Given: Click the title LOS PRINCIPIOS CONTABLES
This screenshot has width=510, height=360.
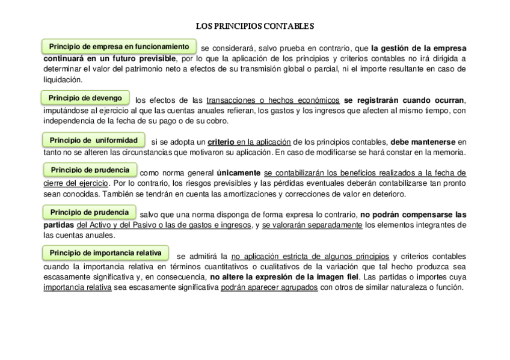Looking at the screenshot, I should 255,26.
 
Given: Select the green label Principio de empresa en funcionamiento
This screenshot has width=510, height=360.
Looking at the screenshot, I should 119,46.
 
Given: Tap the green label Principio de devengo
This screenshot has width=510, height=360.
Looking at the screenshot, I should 85,98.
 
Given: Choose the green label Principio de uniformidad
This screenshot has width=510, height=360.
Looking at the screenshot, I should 94,140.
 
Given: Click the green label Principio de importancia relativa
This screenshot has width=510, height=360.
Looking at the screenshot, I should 105,253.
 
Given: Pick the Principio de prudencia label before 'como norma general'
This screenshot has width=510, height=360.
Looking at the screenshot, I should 90,170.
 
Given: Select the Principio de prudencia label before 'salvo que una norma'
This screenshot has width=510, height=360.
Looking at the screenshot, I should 90,212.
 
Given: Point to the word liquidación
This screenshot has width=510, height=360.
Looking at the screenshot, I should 61,80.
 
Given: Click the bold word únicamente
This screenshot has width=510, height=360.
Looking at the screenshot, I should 239,172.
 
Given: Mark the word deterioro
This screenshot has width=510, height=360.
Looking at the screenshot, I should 389,194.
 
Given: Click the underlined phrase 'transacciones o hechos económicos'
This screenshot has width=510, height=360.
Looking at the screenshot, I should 273,100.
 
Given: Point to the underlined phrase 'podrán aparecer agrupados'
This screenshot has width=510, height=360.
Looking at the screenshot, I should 269,287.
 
